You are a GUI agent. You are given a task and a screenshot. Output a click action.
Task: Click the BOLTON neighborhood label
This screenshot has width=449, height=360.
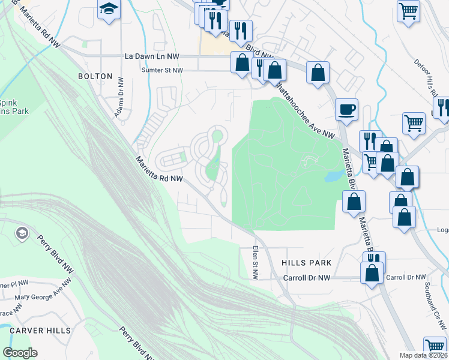click(x=95, y=76)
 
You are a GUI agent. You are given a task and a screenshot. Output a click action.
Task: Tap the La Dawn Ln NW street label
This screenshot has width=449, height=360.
click(x=152, y=56)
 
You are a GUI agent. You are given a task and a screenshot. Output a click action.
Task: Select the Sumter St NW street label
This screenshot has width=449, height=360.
click(x=161, y=70)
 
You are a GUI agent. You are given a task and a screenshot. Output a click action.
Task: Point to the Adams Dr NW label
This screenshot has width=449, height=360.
click(x=119, y=97)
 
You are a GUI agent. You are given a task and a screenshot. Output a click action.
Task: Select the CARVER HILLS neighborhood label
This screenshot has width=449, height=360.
click(x=40, y=331)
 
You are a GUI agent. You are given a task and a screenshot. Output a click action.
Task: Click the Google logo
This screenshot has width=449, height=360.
click(x=20, y=353)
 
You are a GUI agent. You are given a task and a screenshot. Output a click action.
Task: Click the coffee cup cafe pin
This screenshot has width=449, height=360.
click(x=347, y=110)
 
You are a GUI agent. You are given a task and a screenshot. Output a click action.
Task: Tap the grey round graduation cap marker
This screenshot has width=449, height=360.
click(x=22, y=233)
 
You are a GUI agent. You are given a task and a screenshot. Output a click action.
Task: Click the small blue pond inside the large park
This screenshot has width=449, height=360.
click(x=331, y=176)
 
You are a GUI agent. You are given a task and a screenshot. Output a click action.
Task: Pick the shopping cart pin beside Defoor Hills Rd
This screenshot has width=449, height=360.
click(x=408, y=10)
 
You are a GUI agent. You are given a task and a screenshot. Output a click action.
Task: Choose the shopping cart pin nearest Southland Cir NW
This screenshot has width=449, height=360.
click(x=435, y=347)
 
